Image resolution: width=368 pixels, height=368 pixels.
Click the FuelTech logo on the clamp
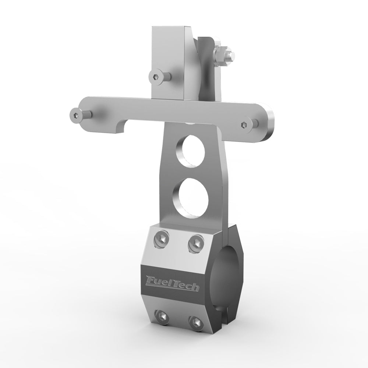173,283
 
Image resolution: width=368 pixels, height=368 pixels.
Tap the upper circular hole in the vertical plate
191,151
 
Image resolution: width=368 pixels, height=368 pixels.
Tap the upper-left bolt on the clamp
161,240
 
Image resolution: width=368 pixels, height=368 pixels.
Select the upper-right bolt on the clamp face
196,244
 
